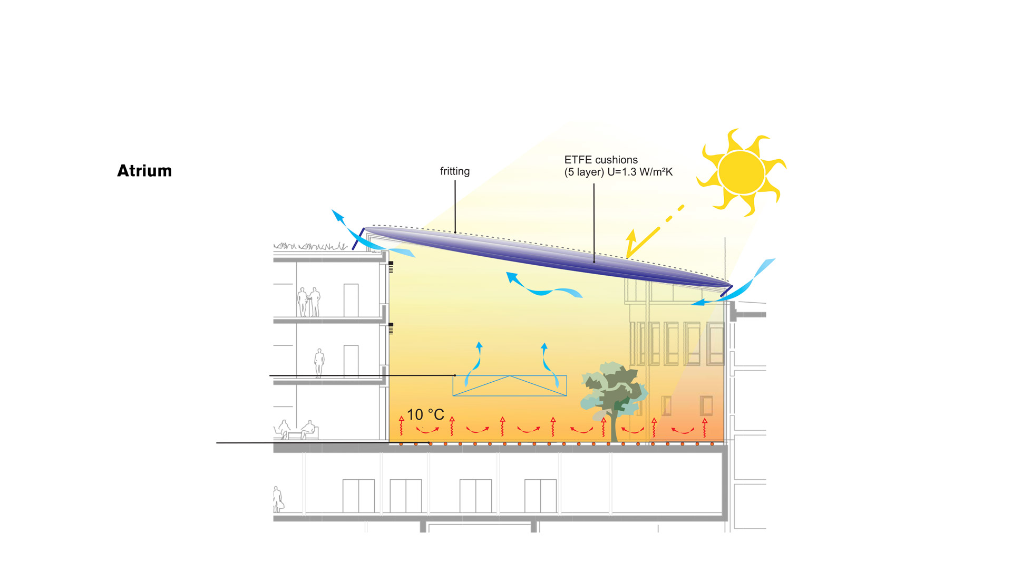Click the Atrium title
coord(144,171)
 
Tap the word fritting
coord(454,171)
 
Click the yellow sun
coord(741,172)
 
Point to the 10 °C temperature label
coord(425,415)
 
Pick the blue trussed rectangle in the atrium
coord(510,385)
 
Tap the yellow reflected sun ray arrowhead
coord(631,240)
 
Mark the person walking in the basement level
coord(278,499)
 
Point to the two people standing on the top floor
coord(309,302)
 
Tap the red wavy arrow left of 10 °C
coord(402,425)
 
